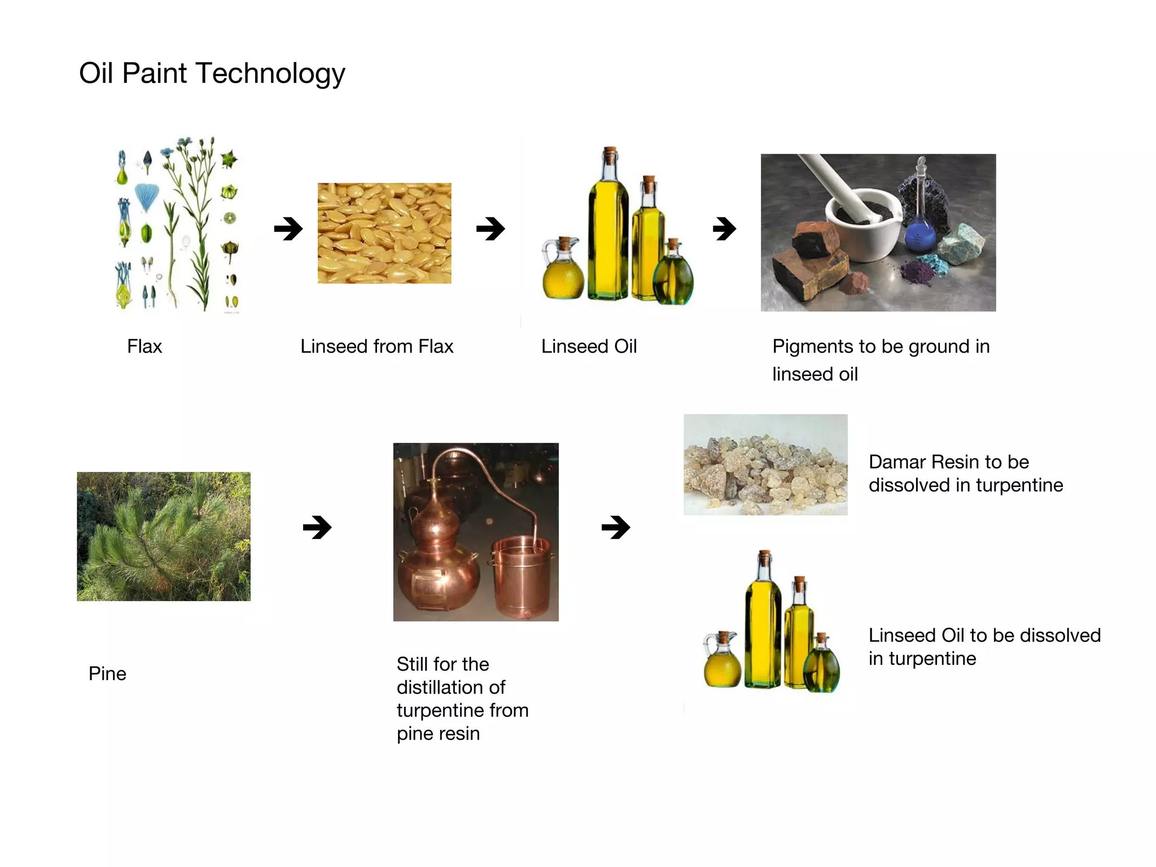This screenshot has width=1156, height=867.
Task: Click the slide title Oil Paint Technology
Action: (x=212, y=73)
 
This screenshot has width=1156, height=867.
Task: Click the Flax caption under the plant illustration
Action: (x=144, y=346)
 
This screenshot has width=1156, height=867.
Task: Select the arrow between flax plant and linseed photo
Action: (x=288, y=229)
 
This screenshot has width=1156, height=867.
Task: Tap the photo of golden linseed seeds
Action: (x=384, y=233)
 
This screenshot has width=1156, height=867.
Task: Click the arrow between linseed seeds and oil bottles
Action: (x=491, y=229)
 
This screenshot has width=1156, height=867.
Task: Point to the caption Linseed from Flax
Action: (x=376, y=346)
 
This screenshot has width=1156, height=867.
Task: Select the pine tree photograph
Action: (x=164, y=536)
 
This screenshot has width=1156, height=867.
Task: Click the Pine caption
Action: (x=107, y=673)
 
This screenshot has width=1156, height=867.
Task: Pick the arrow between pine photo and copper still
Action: (x=317, y=528)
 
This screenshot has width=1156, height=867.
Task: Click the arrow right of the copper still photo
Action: (x=616, y=528)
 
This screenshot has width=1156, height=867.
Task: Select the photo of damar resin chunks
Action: (x=765, y=465)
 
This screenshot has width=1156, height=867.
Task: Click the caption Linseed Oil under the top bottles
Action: (x=589, y=346)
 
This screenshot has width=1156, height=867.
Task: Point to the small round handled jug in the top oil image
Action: (x=562, y=271)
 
